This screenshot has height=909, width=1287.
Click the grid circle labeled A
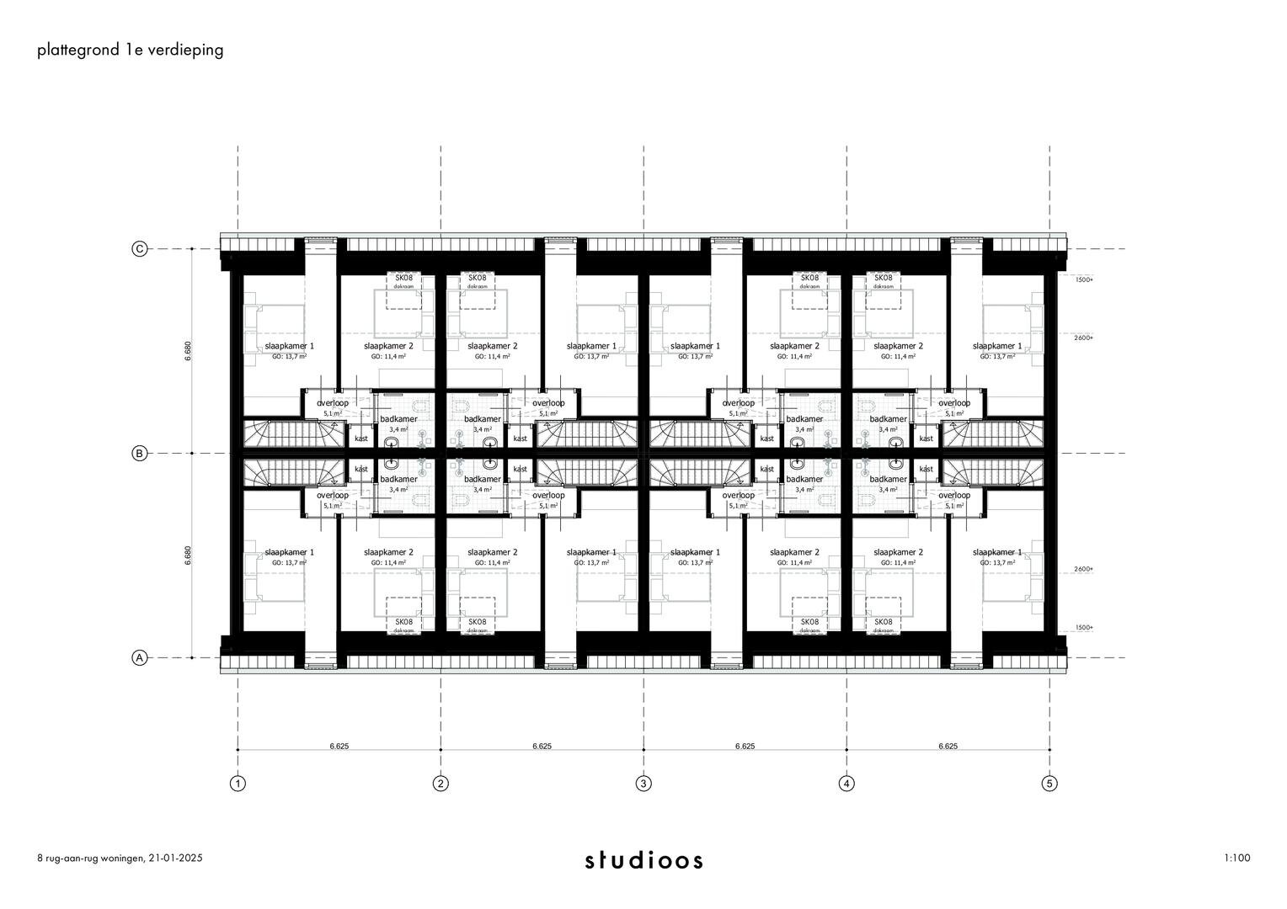pos(140,658)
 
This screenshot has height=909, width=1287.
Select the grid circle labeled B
pos(140,454)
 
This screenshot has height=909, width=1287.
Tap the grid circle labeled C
pos(140,249)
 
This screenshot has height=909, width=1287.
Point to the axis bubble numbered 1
pos(238,784)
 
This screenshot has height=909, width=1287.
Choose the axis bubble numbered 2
pos(441,784)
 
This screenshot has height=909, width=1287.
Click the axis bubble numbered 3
pos(643,784)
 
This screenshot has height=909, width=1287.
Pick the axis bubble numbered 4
pos(846,784)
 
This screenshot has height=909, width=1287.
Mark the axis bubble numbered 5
pos(1049,784)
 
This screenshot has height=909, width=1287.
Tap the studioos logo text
pos(644,860)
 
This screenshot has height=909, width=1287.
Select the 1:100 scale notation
pos(1237,858)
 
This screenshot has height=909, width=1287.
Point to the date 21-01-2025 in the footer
pos(176,858)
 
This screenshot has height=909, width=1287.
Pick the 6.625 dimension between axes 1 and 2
pos(339,746)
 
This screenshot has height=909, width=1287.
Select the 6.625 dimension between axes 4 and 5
pos(948,746)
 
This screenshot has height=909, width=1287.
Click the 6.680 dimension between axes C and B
pos(188,351)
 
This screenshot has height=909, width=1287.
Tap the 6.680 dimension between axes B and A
pos(188,556)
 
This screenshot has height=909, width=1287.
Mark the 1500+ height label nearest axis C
pos(1084,279)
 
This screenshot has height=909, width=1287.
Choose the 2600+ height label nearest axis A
pos(1084,570)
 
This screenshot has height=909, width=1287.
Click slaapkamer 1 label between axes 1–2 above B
pos(290,346)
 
